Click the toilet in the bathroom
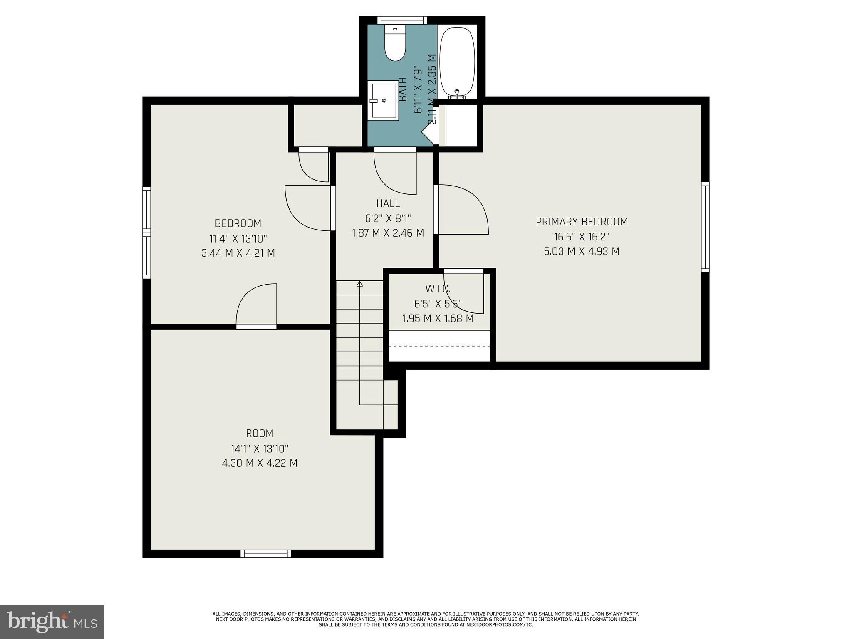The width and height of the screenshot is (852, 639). coord(395,44)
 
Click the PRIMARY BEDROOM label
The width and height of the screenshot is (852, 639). coord(582,222)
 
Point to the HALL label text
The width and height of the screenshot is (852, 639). coord(388,203)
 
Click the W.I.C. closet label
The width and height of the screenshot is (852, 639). coord(438,288)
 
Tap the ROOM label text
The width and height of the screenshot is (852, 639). coord(260,433)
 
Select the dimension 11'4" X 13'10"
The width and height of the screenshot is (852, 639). coord(238,239)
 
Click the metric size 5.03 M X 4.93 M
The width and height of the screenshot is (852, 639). coord(582,251)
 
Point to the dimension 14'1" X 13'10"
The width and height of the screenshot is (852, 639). coord(260,448)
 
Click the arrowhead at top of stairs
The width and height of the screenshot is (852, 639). coord(360,284)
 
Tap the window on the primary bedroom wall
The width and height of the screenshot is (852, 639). coord(705,227)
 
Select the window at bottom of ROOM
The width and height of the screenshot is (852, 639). coord(265,553)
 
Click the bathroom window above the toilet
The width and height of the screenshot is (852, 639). coord(402,20)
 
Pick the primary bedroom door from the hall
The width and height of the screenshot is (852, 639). coord(462,210)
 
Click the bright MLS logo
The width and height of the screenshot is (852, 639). coord(52,622)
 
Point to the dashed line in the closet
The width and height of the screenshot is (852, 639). coord(440,346)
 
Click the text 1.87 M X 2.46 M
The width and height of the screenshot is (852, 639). coord(388,233)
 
